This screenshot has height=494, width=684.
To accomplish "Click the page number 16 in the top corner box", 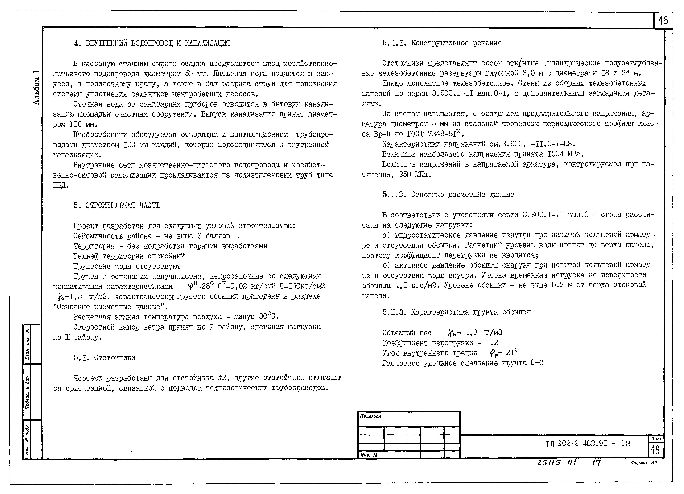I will coord(663,21).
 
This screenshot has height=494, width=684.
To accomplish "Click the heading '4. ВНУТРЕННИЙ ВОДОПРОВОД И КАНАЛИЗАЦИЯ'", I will coord(152,43).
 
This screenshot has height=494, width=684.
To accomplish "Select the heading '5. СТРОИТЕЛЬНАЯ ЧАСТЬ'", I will coord(117,206).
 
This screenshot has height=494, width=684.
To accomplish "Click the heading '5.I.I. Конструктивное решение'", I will coord(442,43).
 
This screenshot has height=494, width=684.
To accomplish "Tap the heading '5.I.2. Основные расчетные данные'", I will coord(448,195).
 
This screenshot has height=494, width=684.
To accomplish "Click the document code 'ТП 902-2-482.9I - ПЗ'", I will coord(587,444).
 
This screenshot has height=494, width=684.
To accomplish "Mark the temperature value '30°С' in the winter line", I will coord(268,317).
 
